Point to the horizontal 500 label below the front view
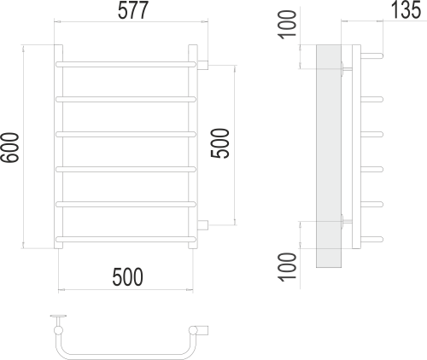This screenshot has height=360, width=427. click(126, 276)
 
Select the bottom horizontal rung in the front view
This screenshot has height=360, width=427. click(126, 236)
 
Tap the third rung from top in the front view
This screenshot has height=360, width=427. click(126, 133)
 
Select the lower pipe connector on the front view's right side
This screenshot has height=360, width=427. click(204, 224)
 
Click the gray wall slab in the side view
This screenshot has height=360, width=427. click(329, 154)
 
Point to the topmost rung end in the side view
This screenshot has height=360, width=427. click(372, 56)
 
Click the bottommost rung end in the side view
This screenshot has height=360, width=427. click(372, 236)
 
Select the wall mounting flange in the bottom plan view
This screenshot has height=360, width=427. click(59, 318)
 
